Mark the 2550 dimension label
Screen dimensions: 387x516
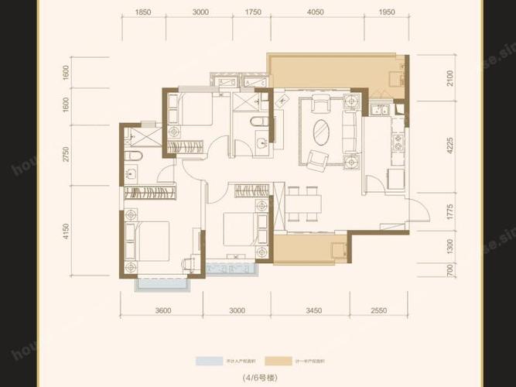377,311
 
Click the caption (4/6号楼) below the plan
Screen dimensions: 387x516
258,378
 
